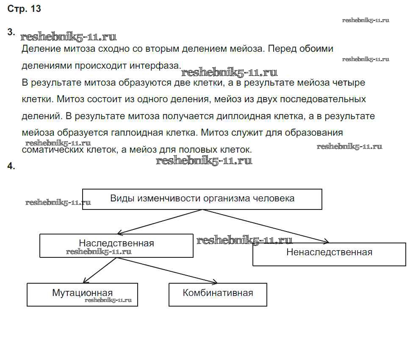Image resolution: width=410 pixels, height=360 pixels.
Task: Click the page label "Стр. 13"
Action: [x=24, y=9]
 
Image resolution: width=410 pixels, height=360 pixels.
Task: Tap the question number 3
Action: [x=11, y=32]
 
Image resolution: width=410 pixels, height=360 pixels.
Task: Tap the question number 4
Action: [x=11, y=167]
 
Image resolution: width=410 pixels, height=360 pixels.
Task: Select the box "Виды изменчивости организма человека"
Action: [x=202, y=199]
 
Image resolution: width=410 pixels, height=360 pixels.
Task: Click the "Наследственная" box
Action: [x=116, y=246]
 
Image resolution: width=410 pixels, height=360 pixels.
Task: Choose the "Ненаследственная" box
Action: [x=329, y=254]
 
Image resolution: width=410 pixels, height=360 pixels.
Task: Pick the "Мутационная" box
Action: [x=82, y=294]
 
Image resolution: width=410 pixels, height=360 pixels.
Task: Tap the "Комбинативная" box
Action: [x=218, y=294]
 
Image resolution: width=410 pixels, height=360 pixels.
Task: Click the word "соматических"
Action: [x=49, y=150]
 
